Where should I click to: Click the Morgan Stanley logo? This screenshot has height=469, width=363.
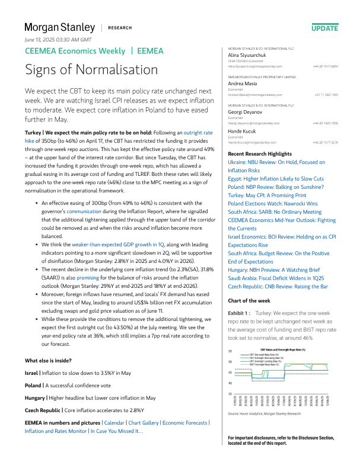coord(59,27)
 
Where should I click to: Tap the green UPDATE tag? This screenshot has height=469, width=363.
coord(324,28)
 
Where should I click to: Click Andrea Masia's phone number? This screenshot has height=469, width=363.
coord(326,95)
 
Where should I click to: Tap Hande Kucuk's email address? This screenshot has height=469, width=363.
coord(254,143)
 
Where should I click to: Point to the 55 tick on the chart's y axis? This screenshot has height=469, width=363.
coord(230,351)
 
